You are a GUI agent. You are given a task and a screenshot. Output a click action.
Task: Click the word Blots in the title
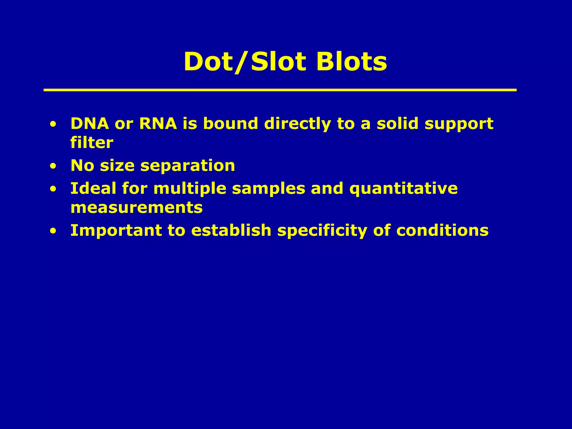coord(351,62)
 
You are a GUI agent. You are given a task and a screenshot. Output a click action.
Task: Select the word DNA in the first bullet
coord(90,123)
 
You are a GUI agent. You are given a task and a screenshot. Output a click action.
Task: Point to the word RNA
coord(158,123)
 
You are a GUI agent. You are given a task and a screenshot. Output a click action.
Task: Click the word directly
coord(297,124)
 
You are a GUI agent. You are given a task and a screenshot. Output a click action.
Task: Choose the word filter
coord(92,143)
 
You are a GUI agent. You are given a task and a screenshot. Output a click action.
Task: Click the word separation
coord(187,166)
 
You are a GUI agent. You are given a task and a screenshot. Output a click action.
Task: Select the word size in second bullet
coord(117,166)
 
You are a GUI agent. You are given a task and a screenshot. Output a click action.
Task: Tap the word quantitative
coord(403,189)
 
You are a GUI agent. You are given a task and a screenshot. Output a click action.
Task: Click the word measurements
coord(136,208)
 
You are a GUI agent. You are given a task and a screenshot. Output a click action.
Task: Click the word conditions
coord(442,231)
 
